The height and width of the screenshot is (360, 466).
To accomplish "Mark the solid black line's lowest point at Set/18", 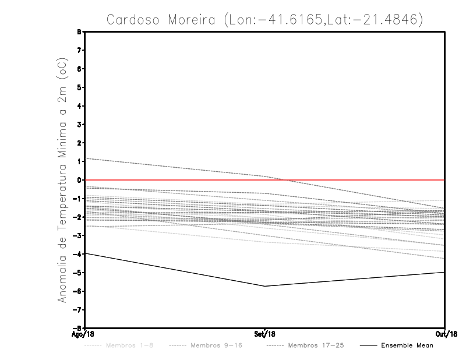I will [265, 286].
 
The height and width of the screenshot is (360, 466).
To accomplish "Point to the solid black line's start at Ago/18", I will [85, 253].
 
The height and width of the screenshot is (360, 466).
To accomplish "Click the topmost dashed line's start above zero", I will [86, 158].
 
